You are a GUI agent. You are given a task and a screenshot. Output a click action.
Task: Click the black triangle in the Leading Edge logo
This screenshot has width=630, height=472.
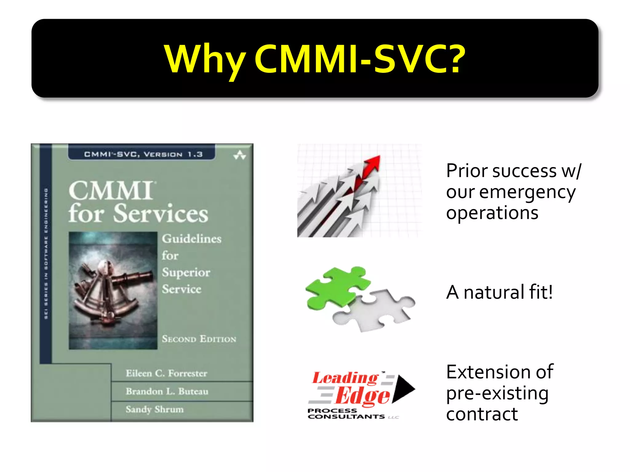click(x=403, y=388)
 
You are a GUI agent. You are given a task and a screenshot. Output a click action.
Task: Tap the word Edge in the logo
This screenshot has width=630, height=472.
click(x=363, y=396)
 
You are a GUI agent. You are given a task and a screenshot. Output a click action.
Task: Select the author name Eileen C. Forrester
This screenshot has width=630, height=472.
click(x=166, y=373)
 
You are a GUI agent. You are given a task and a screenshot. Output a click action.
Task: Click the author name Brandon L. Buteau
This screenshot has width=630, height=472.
click(x=167, y=391)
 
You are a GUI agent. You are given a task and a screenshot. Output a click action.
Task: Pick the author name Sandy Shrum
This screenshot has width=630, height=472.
click(x=154, y=409)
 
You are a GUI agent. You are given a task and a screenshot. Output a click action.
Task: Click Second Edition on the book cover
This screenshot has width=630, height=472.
click(x=199, y=339)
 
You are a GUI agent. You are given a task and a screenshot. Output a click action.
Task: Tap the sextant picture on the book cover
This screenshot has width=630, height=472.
click(x=113, y=290)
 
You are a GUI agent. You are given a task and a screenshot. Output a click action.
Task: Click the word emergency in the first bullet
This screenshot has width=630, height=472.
click(x=527, y=193)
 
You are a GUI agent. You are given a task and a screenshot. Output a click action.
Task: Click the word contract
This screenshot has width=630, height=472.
click(x=482, y=414)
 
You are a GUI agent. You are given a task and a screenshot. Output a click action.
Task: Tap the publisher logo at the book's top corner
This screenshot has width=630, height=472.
click(x=239, y=155)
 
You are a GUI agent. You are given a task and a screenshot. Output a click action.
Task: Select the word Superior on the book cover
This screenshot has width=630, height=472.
click(x=186, y=273)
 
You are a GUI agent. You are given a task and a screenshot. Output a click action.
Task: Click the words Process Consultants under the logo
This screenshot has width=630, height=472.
click(x=346, y=414)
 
